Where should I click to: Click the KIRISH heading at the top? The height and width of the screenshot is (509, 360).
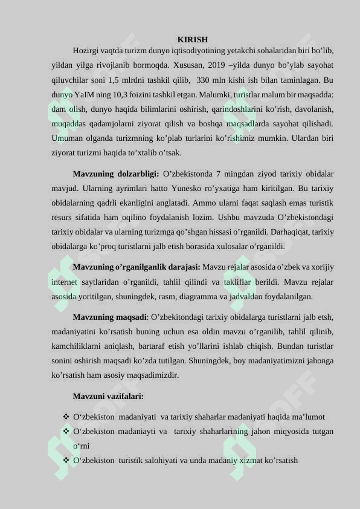tap(193, 39)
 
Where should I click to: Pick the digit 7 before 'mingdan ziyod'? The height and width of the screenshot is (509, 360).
tap(225, 174)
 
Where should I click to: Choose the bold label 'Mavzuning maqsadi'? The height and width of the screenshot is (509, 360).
tap(109, 317)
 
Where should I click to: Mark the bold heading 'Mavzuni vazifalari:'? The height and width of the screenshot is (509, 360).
tap(108, 397)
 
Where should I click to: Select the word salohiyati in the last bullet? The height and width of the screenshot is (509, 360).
tap(172, 461)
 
